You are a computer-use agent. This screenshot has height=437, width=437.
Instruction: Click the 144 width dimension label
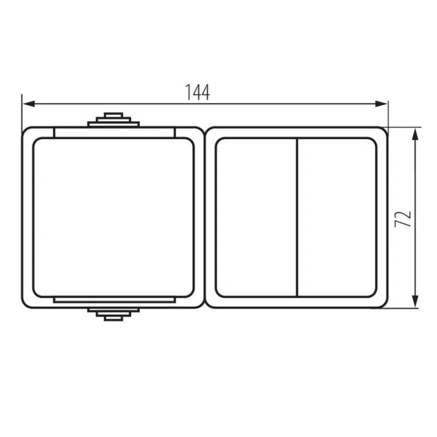tap(198, 92)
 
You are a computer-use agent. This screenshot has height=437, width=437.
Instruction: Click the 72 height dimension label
tap(403, 218)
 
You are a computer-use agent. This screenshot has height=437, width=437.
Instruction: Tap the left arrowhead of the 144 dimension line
tap(29, 104)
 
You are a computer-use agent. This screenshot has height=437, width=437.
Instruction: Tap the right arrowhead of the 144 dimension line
tap(381, 104)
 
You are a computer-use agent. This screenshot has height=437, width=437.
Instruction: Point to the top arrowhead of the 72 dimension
tap(415, 135)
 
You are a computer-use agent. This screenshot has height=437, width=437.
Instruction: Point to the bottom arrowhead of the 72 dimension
tap(415, 301)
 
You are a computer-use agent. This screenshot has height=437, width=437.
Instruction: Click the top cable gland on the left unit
tap(114, 119)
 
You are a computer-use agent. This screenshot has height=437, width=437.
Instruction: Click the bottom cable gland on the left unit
tap(114, 315)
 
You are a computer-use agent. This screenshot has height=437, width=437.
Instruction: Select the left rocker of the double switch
tap(256, 217)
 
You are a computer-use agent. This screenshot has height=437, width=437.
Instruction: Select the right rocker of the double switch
tap(337, 217)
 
